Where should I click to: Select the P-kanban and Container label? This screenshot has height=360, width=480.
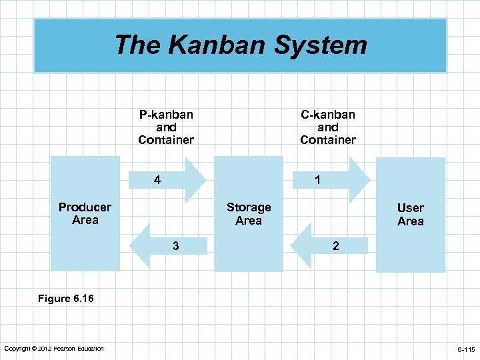(x=166, y=127)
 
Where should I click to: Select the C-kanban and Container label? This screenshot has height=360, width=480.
(x=328, y=127)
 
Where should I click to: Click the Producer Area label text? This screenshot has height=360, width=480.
(x=85, y=213)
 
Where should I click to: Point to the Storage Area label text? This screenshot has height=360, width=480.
(x=249, y=214)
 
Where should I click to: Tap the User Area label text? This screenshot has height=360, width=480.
(x=411, y=215)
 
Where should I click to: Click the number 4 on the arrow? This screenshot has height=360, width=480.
(x=157, y=180)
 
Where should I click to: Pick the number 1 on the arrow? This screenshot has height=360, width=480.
(x=318, y=180)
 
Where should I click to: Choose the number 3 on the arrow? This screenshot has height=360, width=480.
(x=175, y=246)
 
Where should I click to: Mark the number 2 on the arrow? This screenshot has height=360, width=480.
(x=336, y=246)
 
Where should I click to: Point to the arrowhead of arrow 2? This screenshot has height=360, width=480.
(x=302, y=245)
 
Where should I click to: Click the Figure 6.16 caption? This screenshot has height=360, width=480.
(x=66, y=299)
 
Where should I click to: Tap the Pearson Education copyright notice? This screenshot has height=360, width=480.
(x=54, y=349)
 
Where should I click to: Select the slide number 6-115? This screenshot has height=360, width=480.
(x=465, y=349)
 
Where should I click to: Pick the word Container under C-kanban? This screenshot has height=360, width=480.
(x=328, y=140)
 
